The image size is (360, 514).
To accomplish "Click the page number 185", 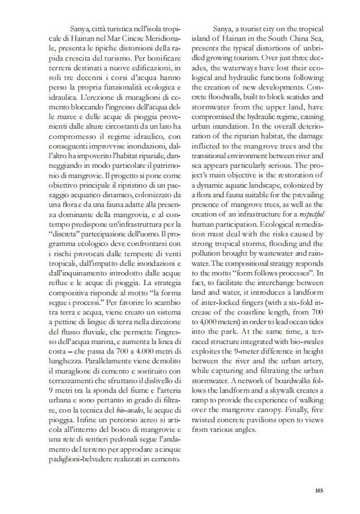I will click(319, 491).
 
